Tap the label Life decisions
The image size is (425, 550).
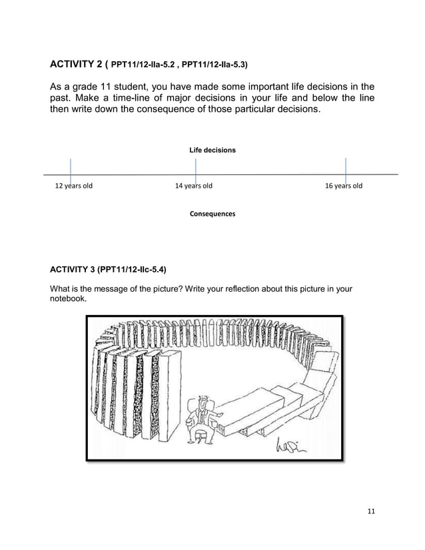[212, 150]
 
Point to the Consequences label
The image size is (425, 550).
[212, 214]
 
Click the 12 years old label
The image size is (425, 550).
[73, 186]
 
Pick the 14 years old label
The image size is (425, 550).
[193, 186]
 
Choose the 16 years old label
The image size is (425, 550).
[343, 186]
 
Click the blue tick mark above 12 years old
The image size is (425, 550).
[70, 169]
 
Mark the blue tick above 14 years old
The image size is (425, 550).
[195, 169]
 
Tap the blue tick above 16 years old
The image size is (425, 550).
[345, 169]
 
